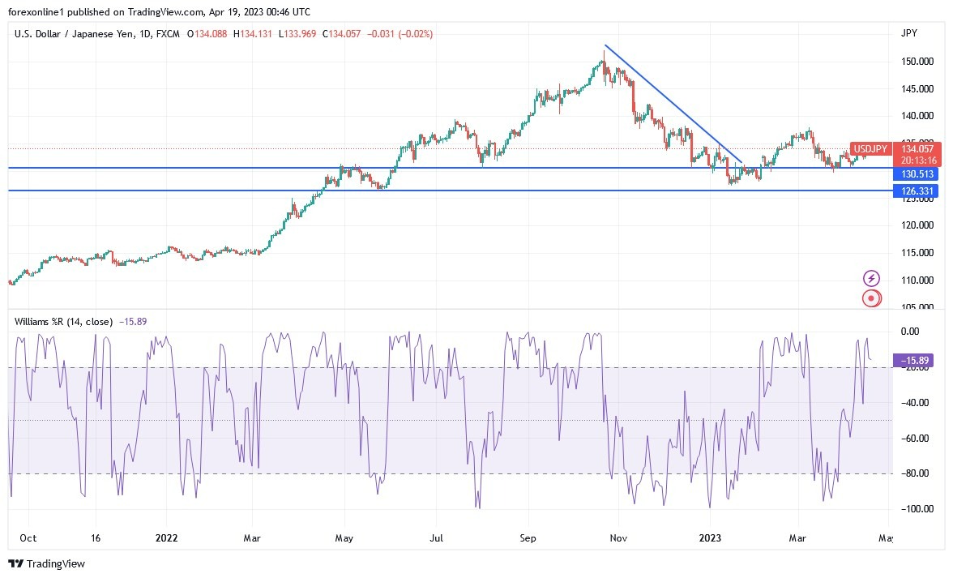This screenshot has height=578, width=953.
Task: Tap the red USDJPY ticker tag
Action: click(x=870, y=149)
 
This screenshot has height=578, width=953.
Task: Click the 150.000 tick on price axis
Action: click(x=917, y=62)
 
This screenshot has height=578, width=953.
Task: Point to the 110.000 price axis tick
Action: click(x=917, y=280)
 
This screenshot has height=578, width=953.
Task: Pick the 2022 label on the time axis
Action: click(x=167, y=537)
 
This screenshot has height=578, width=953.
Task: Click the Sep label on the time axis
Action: click(x=528, y=537)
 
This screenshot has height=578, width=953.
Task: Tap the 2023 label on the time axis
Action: click(x=710, y=537)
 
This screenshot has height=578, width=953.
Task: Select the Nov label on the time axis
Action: click(x=619, y=537)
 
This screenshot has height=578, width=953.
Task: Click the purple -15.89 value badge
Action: click(x=915, y=359)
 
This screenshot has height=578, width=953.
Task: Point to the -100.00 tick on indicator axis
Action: click(x=917, y=509)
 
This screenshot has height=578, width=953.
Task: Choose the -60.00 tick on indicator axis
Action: click(x=917, y=438)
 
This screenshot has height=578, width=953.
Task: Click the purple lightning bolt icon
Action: click(x=871, y=279)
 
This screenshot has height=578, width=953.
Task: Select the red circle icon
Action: click(x=871, y=298)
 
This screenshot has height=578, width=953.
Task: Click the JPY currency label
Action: click(x=909, y=32)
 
